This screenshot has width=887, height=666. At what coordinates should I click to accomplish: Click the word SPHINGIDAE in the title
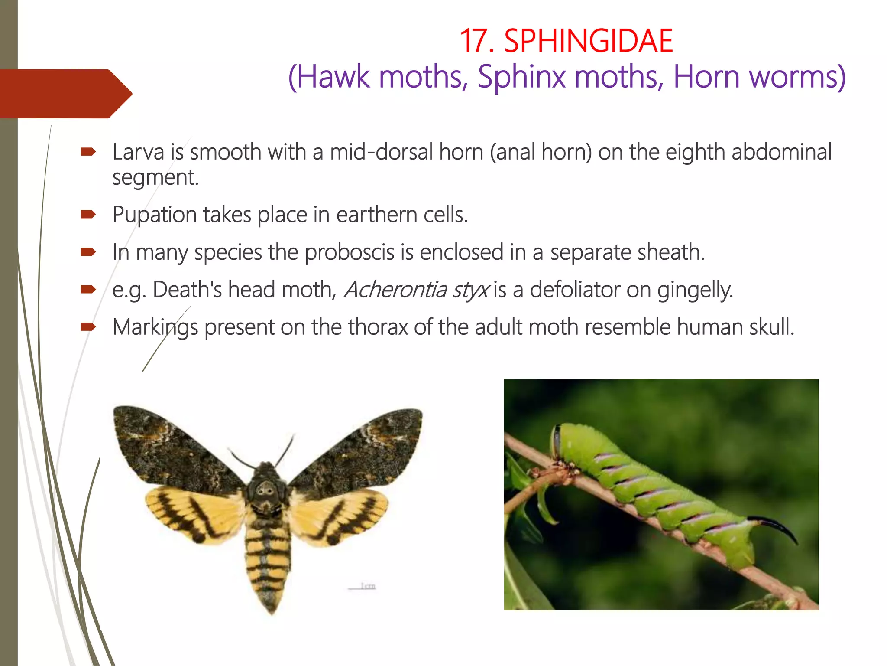click(x=589, y=41)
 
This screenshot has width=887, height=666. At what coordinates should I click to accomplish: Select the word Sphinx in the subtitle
click(x=521, y=77)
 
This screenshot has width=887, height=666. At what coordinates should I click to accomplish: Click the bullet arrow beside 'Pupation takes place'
click(x=88, y=214)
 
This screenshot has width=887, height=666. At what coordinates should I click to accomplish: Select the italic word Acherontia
click(x=395, y=289)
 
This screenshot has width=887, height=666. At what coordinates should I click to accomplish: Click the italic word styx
click(x=471, y=290)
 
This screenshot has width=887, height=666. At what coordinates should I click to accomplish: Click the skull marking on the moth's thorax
click(x=265, y=490)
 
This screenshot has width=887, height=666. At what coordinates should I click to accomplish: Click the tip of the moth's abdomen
click(x=271, y=609)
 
